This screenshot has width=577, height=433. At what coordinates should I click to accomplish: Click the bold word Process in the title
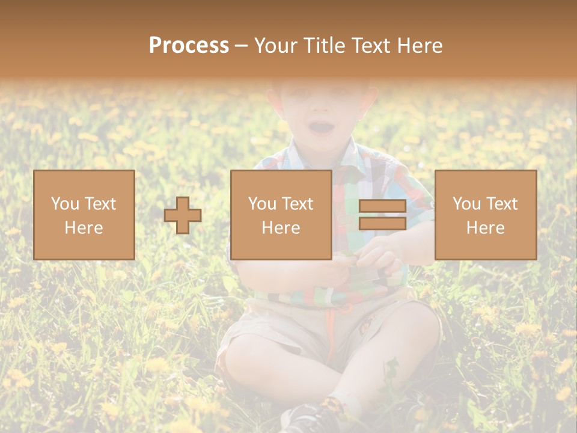coord(189,46)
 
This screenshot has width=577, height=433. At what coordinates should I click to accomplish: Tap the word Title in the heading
coord(325,46)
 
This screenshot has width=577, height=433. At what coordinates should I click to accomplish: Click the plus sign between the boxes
coord(183,215)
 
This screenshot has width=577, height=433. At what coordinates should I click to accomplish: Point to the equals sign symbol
coord(382,215)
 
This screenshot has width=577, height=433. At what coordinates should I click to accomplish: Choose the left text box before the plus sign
coord(84,215)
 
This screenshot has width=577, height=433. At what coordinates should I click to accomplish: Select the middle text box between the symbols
coord(281,215)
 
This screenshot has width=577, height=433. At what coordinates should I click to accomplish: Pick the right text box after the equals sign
coord(485,215)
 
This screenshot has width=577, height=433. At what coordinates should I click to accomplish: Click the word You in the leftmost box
coord(66,204)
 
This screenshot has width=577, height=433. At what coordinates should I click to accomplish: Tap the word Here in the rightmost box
coord(485,228)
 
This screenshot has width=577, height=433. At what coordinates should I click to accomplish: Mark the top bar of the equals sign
coord(382,206)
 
